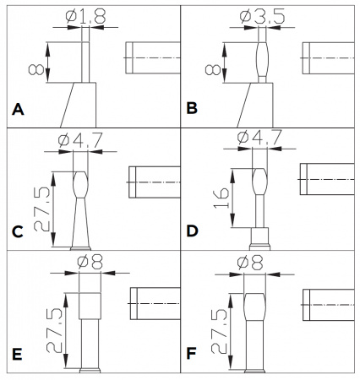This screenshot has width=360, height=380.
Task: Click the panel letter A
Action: click(x=18, y=110)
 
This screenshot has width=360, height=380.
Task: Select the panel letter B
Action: click(x=192, y=108)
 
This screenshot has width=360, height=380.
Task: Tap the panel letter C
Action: click(x=18, y=232)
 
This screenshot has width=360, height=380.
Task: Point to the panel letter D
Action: click(x=193, y=231)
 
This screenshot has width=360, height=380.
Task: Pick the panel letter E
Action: click(x=17, y=355)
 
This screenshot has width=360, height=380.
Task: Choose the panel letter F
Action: click(x=191, y=354)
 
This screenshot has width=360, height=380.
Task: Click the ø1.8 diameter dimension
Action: click(x=85, y=16)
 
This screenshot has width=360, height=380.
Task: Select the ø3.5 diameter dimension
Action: click(x=262, y=17)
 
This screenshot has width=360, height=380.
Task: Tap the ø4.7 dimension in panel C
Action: click(x=80, y=140)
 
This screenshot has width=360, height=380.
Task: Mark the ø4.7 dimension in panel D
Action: click(x=259, y=138)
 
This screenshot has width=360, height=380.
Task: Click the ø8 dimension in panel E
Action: click(x=90, y=262)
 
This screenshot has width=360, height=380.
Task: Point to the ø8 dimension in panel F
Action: click(x=250, y=263)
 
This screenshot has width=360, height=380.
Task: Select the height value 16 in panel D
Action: click(x=221, y=198)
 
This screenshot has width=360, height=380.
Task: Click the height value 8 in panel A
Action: click(x=36, y=69)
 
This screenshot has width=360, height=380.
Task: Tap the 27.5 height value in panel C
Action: click(x=42, y=209)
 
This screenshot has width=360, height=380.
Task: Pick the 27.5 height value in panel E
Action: click(x=54, y=330)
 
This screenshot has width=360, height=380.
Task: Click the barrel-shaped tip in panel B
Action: click(x=262, y=60)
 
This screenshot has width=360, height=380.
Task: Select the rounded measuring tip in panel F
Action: click(x=254, y=307)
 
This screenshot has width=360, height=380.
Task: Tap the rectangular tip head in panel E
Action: click(x=90, y=306)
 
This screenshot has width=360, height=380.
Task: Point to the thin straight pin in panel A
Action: click(x=85, y=62)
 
